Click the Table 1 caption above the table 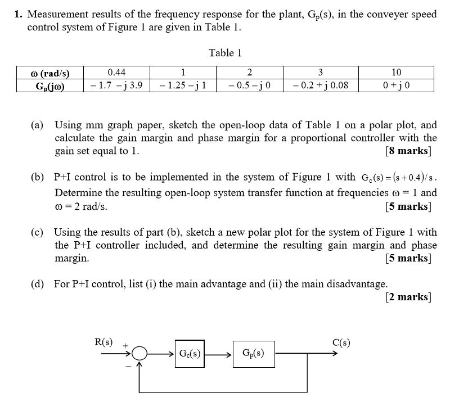click(225, 53)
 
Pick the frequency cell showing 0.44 click(116, 73)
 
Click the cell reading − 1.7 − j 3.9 click(116, 85)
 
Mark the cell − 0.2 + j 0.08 click(320, 85)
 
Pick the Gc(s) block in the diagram click(190, 354)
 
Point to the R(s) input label click(103, 342)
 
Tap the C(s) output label click(341, 343)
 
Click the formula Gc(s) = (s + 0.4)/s click(396, 178)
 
